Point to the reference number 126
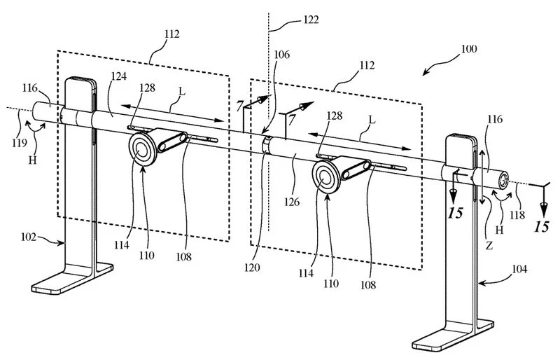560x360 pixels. point(293,202)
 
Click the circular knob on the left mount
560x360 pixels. point(143,149)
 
